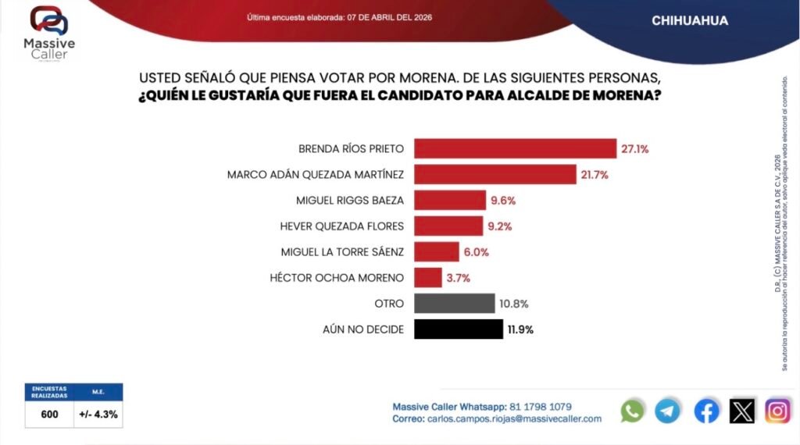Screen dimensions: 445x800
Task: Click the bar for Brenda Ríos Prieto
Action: click(x=516, y=148)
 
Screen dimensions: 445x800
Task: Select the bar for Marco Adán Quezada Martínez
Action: click(x=495, y=174)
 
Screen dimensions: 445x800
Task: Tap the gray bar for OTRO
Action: click(x=455, y=303)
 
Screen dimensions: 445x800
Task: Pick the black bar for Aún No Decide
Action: click(x=459, y=329)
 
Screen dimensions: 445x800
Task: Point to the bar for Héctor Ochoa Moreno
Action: click(x=428, y=277)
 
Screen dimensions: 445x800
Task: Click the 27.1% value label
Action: click(x=635, y=148)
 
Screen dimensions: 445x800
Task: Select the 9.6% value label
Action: click(x=502, y=200)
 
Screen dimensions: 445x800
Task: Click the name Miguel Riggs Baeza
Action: click(x=349, y=200)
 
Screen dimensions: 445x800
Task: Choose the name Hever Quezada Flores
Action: click(x=341, y=226)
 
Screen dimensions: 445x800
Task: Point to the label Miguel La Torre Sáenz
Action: click(x=342, y=251)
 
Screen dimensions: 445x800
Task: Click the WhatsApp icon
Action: click(x=632, y=411)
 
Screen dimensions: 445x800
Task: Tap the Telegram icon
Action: click(x=667, y=411)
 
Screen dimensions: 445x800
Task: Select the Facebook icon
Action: click(x=706, y=411)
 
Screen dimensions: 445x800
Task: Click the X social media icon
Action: click(x=742, y=411)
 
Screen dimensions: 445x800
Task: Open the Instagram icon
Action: click(x=777, y=411)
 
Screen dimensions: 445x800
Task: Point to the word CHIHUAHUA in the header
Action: click(x=690, y=21)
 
